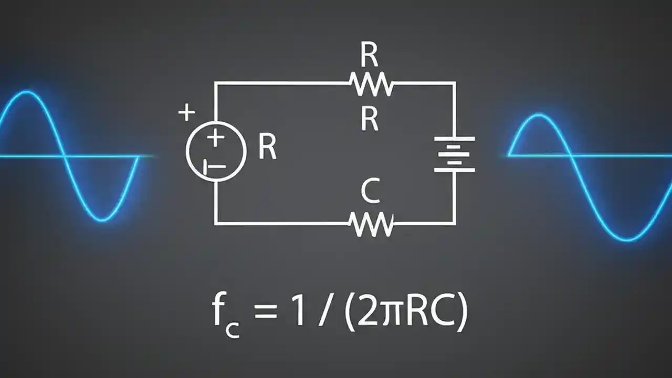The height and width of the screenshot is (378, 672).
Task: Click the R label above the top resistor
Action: (370, 55)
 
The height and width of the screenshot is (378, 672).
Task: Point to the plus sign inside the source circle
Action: (215, 138)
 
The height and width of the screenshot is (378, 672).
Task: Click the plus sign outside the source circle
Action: (186, 112)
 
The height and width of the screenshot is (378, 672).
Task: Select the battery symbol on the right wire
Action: (455, 154)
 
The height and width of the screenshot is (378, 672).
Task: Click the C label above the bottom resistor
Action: (370, 192)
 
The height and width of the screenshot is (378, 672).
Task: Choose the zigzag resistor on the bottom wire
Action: (372, 224)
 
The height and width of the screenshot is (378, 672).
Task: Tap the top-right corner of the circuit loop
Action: (455, 83)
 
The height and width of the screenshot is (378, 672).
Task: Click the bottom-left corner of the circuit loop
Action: (215, 223)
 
